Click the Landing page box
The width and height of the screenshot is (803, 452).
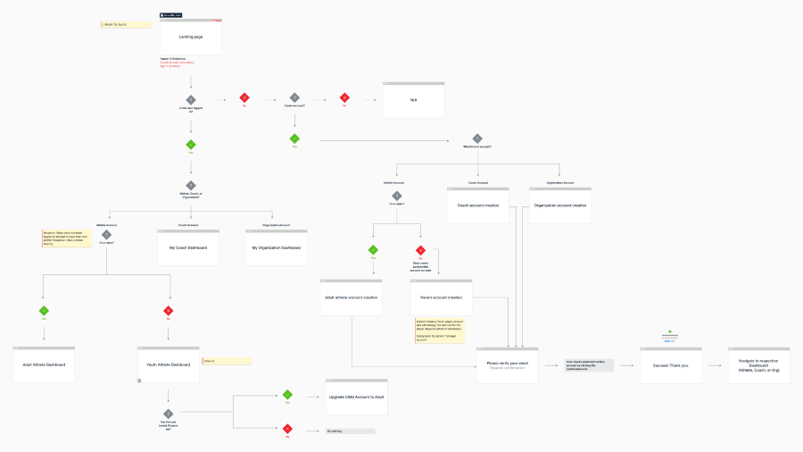[x=191, y=37]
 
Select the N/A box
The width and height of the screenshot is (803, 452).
[x=413, y=100]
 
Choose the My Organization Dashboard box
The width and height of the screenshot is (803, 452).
[x=276, y=247]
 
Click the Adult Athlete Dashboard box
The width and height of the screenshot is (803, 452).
[x=44, y=364]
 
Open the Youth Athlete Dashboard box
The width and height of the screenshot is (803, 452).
[x=169, y=364]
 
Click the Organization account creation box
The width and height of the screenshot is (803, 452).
[x=560, y=205]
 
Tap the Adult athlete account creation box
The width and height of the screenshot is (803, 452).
[x=352, y=297]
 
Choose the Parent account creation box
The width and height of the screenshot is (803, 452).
[x=442, y=297]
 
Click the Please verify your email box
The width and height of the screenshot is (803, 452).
[x=507, y=365]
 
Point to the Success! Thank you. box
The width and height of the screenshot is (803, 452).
[x=670, y=365]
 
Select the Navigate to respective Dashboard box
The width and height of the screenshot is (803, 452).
[x=758, y=365]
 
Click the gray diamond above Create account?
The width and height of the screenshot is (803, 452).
[x=294, y=97]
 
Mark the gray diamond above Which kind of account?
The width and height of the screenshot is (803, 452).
[x=477, y=138]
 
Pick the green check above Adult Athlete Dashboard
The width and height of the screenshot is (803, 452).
[x=44, y=311]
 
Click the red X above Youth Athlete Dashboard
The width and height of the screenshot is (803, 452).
[x=169, y=311]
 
